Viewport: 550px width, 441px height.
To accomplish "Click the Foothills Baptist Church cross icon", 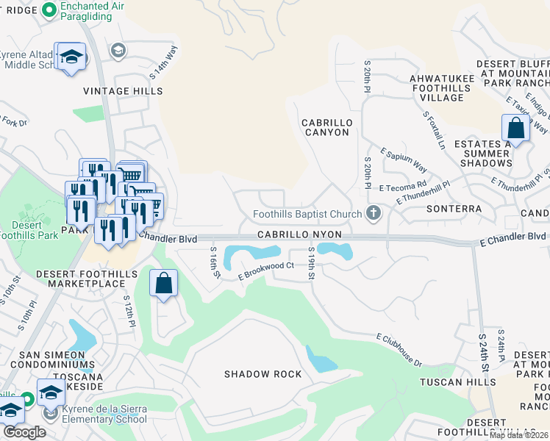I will point(374,214).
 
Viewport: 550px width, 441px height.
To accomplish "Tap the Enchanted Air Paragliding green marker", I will point(50,10).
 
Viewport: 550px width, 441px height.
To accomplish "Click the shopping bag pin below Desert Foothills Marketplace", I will point(164,283).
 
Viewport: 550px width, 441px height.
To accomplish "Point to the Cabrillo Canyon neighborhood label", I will point(326,127).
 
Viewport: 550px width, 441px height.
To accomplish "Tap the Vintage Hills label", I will point(123,91).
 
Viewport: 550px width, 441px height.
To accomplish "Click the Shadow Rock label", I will point(262,374).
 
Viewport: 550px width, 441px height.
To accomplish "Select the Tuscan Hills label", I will point(457,382).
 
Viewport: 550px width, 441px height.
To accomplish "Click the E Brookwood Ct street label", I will point(265,270).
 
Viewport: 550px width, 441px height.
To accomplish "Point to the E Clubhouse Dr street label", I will point(399,349).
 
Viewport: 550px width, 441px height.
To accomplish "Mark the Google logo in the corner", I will point(24,432).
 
